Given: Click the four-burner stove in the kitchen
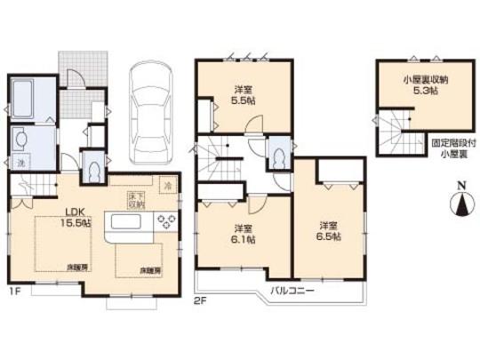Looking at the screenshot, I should (x=166, y=221).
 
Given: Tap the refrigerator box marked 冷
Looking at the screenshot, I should (x=168, y=186).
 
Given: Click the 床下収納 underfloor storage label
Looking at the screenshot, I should (x=134, y=197).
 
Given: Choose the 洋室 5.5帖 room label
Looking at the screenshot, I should (x=241, y=94).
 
